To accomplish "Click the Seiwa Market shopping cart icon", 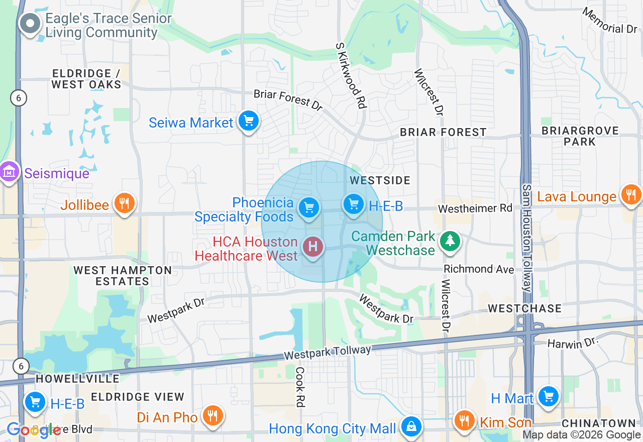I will tap(248, 121).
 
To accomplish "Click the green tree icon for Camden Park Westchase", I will tap(450, 241).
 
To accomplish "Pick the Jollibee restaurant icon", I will tap(124, 203).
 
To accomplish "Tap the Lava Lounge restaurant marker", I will tap(630, 194).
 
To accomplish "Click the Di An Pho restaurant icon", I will tap(213, 415).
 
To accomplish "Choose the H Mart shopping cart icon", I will tap(548, 397).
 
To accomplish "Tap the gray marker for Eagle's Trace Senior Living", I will tap(30, 24).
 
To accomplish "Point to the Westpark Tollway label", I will tap(327, 352).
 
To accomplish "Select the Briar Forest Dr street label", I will tap(288, 99).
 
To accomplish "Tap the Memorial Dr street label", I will tap(610, 21).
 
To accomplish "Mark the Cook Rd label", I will tap(300, 386).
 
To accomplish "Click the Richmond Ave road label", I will tap(479, 269).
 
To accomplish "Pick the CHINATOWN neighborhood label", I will tap(599, 423).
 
